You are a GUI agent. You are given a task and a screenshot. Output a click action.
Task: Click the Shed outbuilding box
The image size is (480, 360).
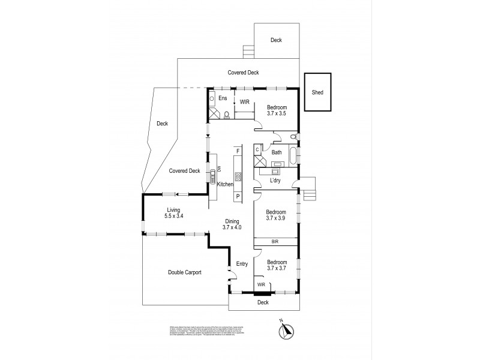coord(317,92)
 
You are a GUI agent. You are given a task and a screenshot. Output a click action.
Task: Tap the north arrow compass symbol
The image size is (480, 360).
coord(286,329)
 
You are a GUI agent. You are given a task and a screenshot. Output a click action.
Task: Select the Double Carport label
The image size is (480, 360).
coord(184,272)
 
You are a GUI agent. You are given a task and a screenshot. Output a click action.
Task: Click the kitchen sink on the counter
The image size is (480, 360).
coord(212,176)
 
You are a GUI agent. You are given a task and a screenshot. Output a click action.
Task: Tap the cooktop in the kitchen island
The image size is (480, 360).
coord(238,176)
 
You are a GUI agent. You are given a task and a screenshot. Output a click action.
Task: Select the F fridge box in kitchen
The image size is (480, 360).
coord(238,151)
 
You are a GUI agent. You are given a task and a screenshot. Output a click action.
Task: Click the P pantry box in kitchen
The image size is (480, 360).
coord(238,196)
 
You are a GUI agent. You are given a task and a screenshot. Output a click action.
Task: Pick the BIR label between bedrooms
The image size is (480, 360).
coord(275,241)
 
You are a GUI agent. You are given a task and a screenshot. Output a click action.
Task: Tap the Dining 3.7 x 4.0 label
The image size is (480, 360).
coord(232,224)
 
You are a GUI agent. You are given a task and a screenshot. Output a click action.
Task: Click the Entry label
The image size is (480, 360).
coord(242,263)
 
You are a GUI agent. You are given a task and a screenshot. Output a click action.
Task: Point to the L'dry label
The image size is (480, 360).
coord(275,180)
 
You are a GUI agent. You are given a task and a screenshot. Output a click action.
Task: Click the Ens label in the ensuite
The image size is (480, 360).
coord(223,98)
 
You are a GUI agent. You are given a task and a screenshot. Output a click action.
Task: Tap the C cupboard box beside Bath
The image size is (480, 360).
coord(257,149)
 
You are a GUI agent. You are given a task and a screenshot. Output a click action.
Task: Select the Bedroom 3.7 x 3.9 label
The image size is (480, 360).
coord(277,215)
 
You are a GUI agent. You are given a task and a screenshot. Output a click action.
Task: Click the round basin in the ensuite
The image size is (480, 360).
coord(212,98)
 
